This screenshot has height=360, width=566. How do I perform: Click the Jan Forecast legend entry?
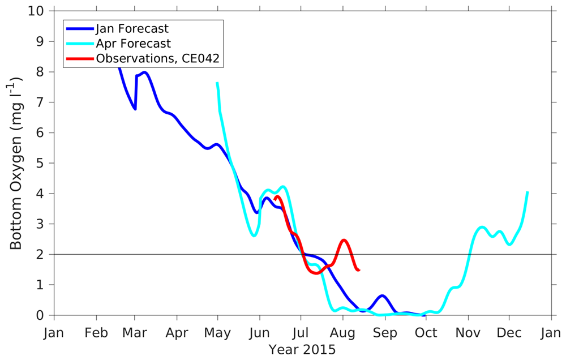[132, 28]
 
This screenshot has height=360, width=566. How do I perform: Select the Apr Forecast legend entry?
[133, 43]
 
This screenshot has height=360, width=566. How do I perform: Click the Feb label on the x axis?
[95, 333]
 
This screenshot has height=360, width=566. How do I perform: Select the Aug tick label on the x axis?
[343, 333]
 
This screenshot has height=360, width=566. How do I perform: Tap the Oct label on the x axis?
[426, 333]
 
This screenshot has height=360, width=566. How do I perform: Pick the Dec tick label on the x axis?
[509, 333]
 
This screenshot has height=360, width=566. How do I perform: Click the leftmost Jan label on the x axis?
[54, 333]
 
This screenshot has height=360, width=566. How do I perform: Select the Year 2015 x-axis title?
[302, 350]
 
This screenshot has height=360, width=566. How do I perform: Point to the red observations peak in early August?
[344, 240]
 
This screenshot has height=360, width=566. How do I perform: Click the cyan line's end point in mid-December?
[528, 192]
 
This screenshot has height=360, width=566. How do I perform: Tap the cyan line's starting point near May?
[217, 83]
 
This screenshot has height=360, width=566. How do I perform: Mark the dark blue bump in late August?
[383, 295]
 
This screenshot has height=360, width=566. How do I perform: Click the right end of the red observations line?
[359, 270]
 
